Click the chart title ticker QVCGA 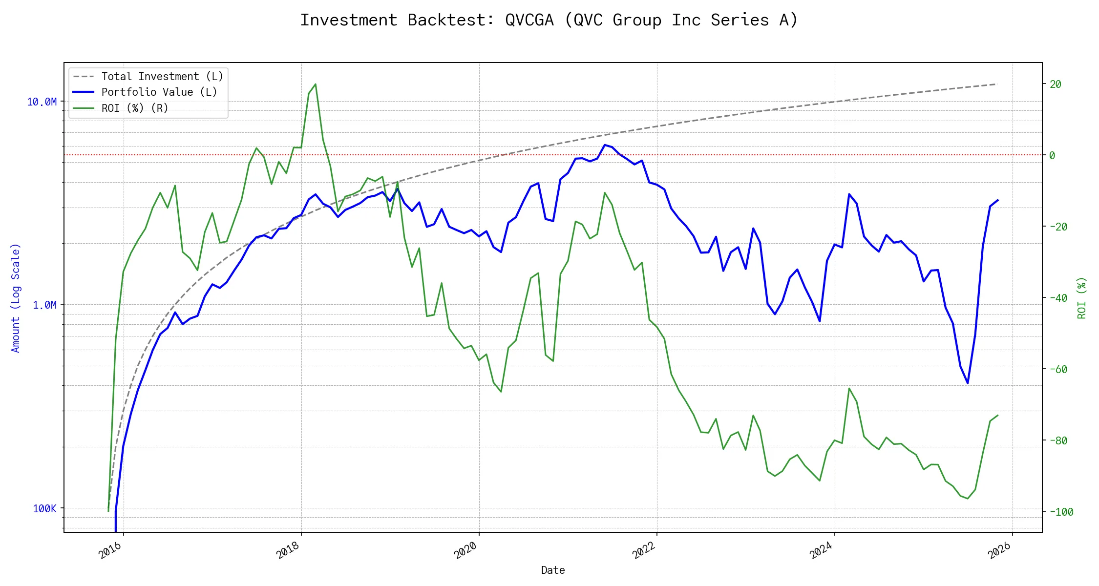click(x=529, y=21)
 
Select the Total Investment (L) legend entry click(x=162, y=77)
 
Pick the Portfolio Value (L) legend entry click(x=159, y=92)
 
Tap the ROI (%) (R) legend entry click(x=134, y=108)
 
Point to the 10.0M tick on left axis click(x=42, y=102)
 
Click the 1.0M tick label click(x=44, y=305)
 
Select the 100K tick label click(x=44, y=509)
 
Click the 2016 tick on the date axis click(x=110, y=550)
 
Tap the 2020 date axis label click(x=465, y=550)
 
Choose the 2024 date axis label click(x=821, y=550)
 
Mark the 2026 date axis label click(x=999, y=550)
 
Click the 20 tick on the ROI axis click(x=1056, y=84)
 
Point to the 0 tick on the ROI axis click(x=1053, y=156)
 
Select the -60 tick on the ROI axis click(x=1058, y=370)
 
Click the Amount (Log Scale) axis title click(x=16, y=298)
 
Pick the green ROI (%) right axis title click(x=1081, y=298)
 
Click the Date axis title click(x=553, y=570)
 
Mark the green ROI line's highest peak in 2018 click(x=316, y=84)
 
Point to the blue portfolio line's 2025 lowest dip click(x=968, y=383)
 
